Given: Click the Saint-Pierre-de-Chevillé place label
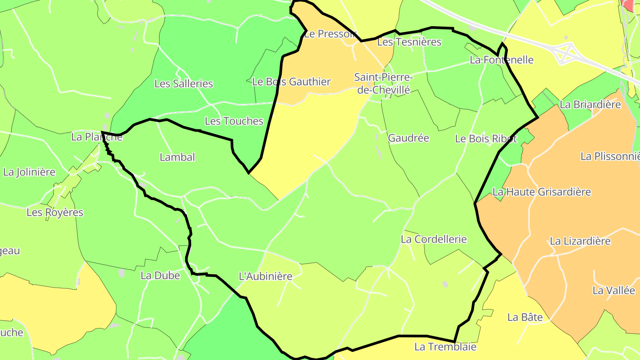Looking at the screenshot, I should click(x=383, y=84).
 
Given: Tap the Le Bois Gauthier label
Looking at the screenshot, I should click(x=291, y=82).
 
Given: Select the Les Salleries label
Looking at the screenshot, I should click(x=184, y=84).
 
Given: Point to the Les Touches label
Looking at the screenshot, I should click(x=234, y=121).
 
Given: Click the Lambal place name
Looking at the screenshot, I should click(x=177, y=157).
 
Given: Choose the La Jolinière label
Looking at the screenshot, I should click(x=29, y=172).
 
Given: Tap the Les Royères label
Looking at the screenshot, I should click(x=55, y=212).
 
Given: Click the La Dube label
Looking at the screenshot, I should click(x=160, y=276).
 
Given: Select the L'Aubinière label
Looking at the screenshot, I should click(x=265, y=276).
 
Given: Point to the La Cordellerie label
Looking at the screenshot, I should click(x=433, y=239).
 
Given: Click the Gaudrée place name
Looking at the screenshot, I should click(x=408, y=138).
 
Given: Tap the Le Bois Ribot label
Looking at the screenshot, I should click(x=486, y=139).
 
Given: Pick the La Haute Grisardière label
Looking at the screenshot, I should click(x=542, y=192).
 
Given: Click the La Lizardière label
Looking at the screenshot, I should click(x=580, y=241).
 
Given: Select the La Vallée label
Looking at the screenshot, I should click(x=614, y=291).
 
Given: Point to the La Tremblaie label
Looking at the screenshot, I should click(x=445, y=347).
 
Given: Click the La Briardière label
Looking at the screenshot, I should click(x=590, y=105).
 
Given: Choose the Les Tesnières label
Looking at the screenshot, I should click(x=409, y=42).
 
